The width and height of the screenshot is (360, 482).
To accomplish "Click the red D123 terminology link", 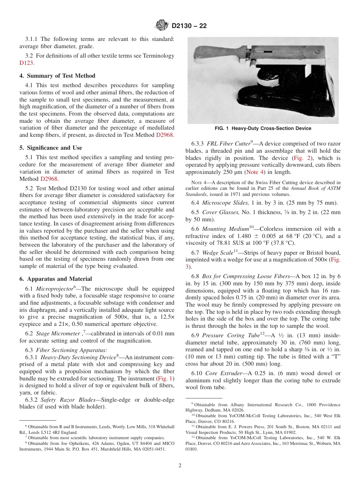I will (26, 63).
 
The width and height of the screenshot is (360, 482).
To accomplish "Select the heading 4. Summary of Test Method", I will (57, 76).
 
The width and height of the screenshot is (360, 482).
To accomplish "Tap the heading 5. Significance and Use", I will (51, 148).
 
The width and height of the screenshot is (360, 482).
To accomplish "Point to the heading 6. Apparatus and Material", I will (56, 279).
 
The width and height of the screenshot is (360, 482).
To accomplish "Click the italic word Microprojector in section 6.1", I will (53, 289).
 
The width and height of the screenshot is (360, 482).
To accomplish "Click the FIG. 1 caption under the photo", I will (263, 128).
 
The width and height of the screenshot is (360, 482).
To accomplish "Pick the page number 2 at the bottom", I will (180, 465).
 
